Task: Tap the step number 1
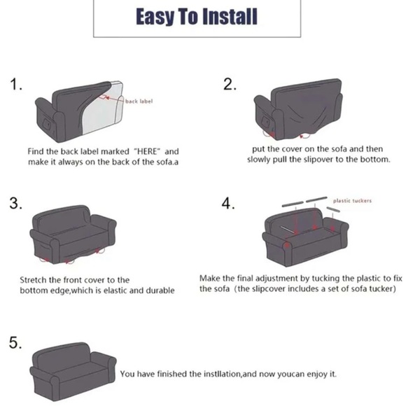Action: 16,85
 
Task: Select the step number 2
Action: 230,84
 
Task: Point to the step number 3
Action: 16,203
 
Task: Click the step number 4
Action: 228,203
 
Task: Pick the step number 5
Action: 15,342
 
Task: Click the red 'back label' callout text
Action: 139,101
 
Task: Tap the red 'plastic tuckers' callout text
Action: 352,201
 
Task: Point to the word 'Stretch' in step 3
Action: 34,280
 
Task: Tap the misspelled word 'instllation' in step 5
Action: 223,374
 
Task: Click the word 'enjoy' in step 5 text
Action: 317,374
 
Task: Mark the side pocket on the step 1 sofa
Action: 47,125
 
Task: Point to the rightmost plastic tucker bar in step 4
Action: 333,209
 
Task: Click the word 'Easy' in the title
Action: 155,17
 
